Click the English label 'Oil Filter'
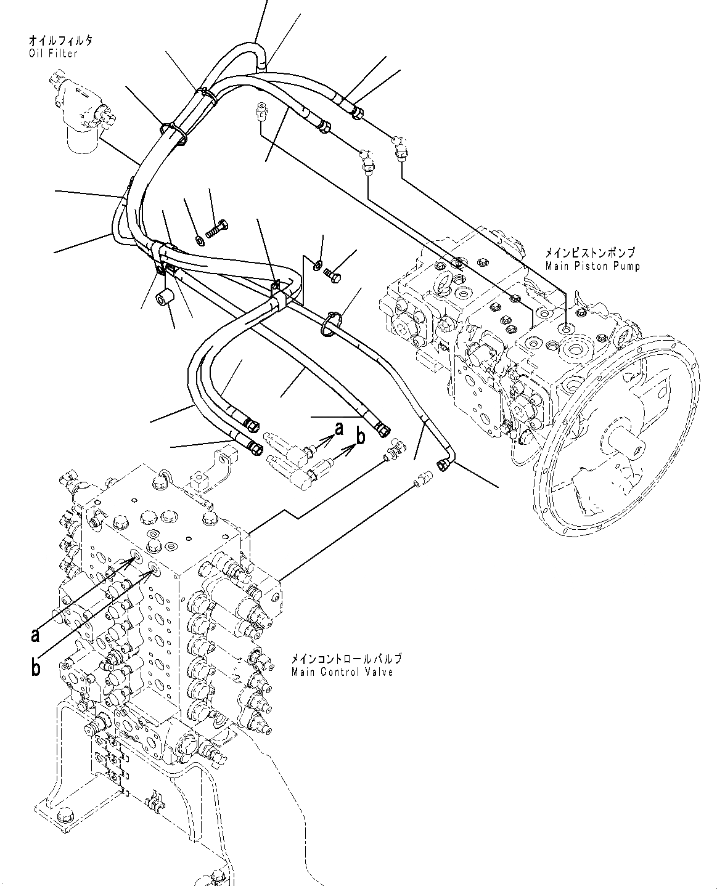[53, 54]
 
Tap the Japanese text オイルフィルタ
[60, 41]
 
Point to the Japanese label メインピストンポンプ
[589, 253]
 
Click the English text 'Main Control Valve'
[342, 672]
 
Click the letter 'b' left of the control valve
[36, 667]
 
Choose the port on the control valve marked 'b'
[153, 568]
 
